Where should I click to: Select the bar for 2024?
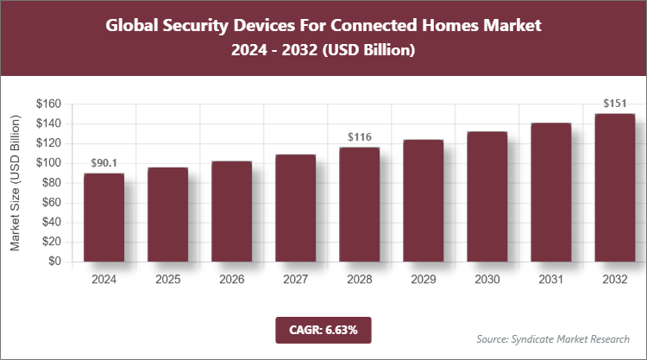104,218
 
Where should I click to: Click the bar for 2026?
231,212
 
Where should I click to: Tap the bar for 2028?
359,205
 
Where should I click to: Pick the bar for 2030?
487,197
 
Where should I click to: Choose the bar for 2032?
614,187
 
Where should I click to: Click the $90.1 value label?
104,163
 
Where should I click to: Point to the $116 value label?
359,137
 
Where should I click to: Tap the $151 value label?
614,104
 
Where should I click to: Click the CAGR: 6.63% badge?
323,329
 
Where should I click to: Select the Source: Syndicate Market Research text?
553,338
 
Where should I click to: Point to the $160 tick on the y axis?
47,104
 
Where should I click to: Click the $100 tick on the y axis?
47,163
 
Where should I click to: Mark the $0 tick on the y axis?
53,262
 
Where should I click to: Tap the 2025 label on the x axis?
167,280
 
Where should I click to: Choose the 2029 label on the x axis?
423,280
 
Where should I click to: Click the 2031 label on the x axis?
550,280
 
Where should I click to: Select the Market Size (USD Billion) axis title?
15,182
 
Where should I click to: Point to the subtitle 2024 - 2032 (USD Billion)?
323,51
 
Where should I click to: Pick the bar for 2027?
295,208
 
